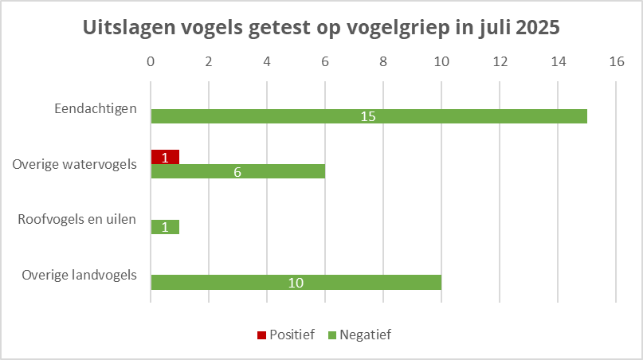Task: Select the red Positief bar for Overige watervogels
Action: [x=165, y=157]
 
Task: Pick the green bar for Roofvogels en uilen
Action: [x=165, y=227]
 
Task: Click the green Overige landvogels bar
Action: [x=359, y=282]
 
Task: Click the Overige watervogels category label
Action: [x=75, y=164]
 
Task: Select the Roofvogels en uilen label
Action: [x=77, y=219]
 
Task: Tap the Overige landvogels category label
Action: [x=80, y=275]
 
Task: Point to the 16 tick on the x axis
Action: [x=616, y=61]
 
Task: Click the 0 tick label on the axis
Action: [x=151, y=61]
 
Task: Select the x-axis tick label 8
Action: [x=383, y=61]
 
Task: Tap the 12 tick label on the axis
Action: [x=500, y=61]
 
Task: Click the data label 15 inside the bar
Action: [x=367, y=116]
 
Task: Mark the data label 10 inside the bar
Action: [x=296, y=282]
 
